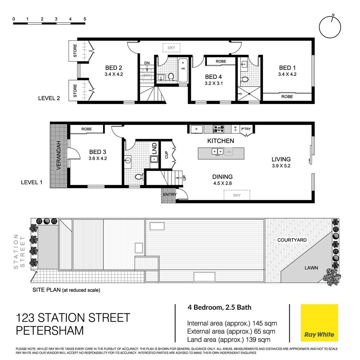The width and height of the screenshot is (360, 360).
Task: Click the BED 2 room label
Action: [x=114, y=68]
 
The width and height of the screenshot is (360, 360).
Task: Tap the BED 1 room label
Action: [x=287, y=68]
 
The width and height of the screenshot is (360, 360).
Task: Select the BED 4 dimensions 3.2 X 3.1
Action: [x=214, y=83]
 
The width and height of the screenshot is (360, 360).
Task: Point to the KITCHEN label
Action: [x=221, y=141]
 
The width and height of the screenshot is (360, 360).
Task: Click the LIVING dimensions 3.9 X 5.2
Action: [x=281, y=166]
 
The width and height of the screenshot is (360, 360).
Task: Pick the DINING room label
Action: [x=222, y=177]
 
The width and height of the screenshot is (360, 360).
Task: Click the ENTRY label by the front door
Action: [x=170, y=194]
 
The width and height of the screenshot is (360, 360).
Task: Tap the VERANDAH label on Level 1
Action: [x=59, y=155]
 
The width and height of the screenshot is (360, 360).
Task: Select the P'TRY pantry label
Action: [x=246, y=129]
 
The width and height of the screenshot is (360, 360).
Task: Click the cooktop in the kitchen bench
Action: [x=218, y=129]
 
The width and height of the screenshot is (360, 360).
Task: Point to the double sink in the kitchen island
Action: [x=217, y=152]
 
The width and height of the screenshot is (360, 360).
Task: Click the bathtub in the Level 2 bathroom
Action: [x=183, y=70]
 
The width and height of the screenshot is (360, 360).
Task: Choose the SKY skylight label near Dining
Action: [x=237, y=195]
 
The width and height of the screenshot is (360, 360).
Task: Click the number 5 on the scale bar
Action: [x=85, y=19]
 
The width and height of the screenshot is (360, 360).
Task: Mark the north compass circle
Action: [x=330, y=27]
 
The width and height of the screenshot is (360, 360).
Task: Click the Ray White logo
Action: [x=319, y=323]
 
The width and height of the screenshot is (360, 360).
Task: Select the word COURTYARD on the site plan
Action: [x=292, y=240]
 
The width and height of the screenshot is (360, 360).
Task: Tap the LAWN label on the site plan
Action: [x=311, y=268]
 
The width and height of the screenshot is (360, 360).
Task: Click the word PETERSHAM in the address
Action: [x=50, y=330]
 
